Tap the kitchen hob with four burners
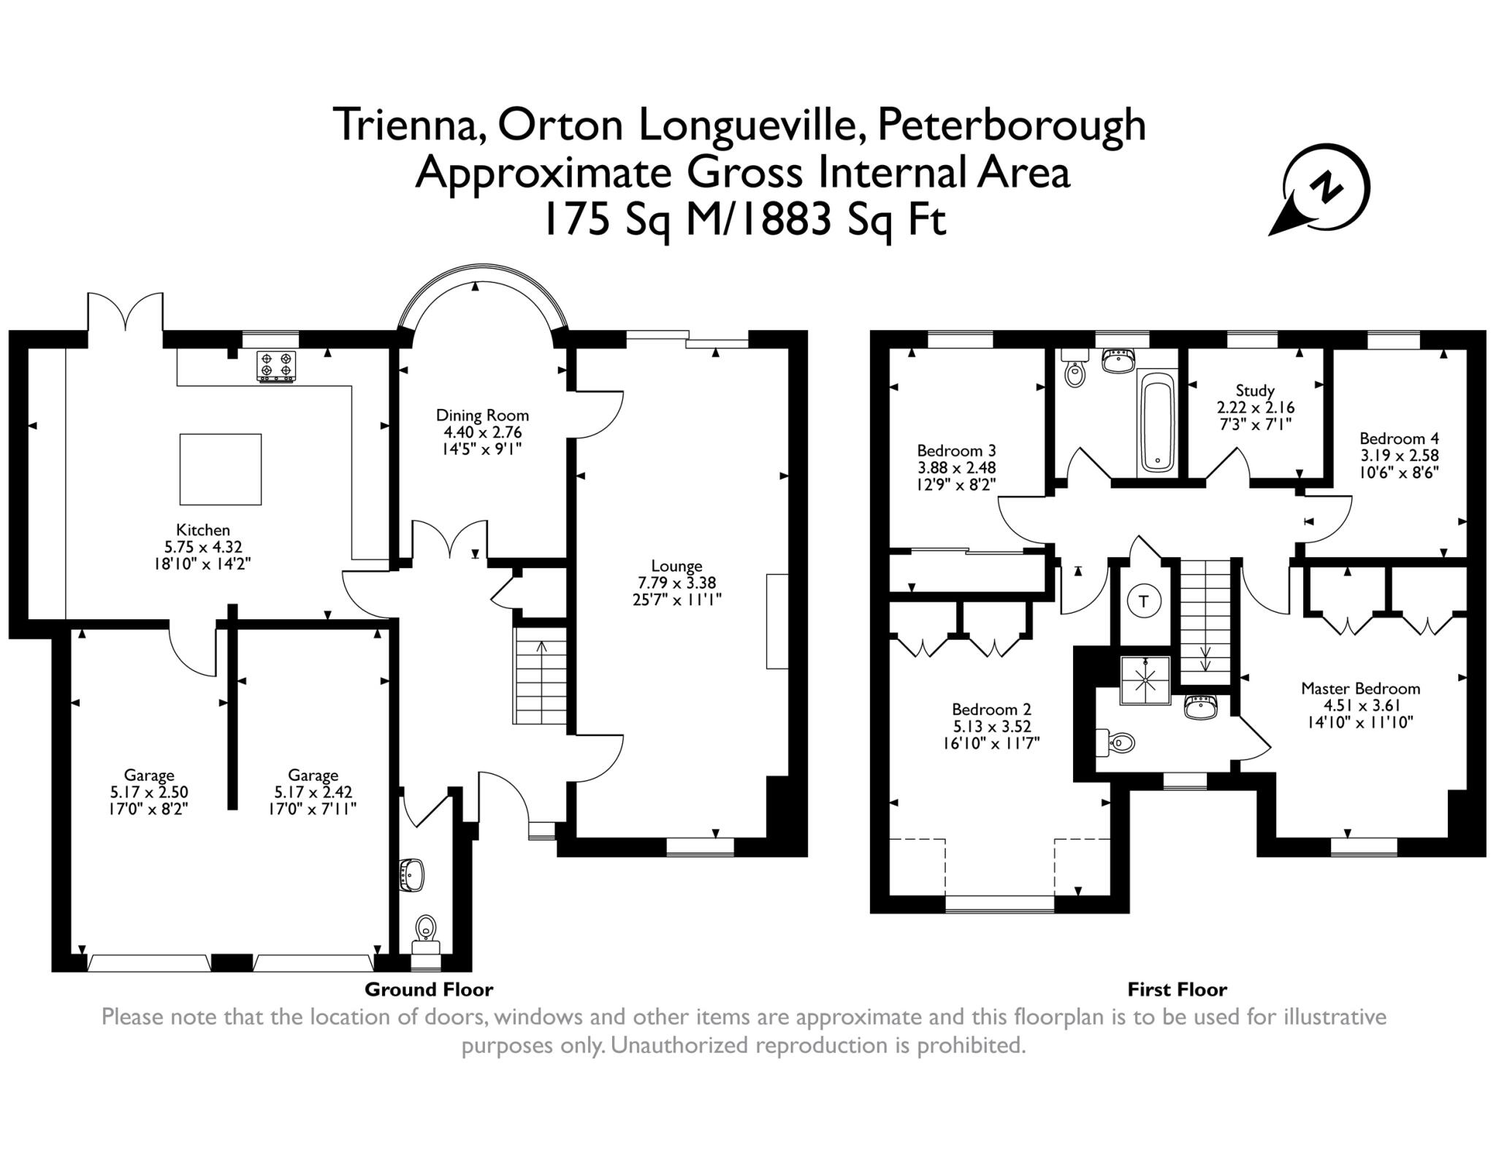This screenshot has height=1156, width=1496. coord(276,367)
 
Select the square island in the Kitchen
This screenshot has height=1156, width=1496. coord(221,469)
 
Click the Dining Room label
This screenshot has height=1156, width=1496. coord(482,415)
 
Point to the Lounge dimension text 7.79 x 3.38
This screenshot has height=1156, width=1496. coord(676,583)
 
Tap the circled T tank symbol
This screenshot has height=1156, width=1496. coord(1144,602)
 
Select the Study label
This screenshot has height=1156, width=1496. coord(1255,391)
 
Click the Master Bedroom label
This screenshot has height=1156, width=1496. coord(1360,688)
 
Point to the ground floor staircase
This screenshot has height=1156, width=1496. coord(541,676)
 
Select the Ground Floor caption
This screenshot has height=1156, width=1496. coord(429,990)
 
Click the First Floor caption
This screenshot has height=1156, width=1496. coord(1177,990)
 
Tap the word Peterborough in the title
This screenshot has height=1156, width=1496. coord(1011,126)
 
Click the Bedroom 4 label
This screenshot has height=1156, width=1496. coord(1399,438)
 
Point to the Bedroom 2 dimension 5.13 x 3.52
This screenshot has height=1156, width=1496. coord(991,726)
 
